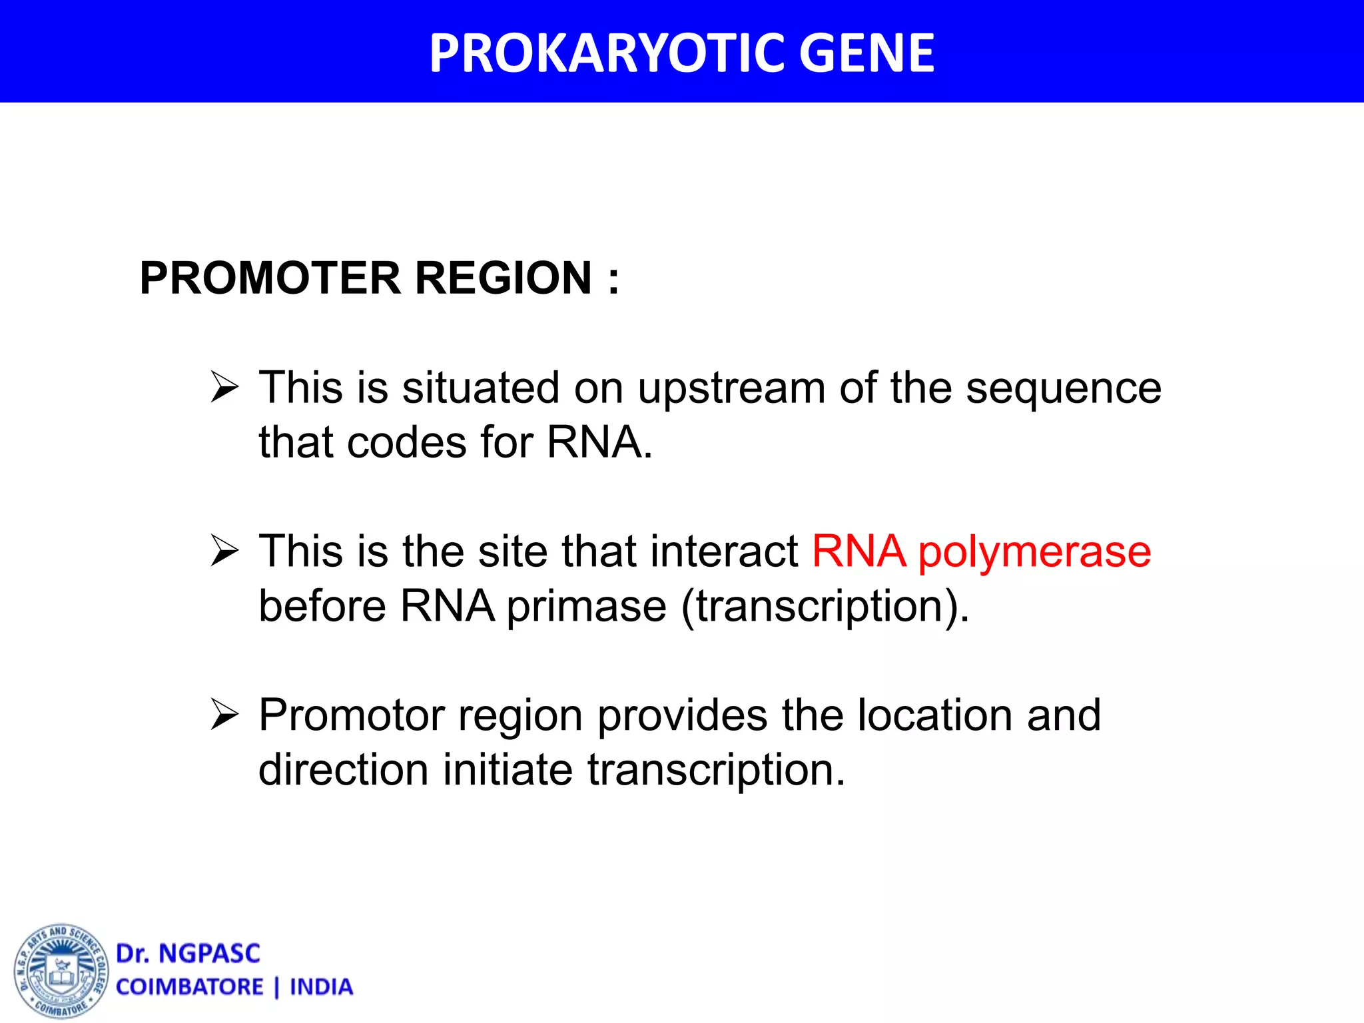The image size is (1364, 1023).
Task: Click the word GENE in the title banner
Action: click(x=866, y=53)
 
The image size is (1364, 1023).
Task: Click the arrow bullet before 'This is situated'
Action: click(x=224, y=387)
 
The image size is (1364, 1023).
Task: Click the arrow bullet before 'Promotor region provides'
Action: click(x=224, y=715)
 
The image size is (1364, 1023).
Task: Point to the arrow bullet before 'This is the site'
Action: click(x=224, y=551)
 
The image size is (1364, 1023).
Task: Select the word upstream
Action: click(x=731, y=388)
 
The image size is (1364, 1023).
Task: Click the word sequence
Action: click(x=1063, y=388)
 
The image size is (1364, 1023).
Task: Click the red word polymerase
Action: click(x=1034, y=553)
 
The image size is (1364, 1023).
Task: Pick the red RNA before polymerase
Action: click(x=858, y=551)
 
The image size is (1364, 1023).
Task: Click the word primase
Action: click(x=586, y=607)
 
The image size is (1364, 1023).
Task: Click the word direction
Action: click(x=342, y=770)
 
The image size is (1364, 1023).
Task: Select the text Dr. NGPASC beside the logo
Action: click(x=188, y=954)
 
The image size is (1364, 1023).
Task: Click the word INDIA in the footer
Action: click(x=321, y=987)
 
